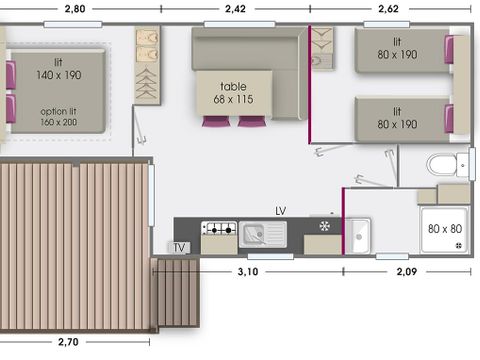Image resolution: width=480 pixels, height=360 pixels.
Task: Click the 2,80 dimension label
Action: tap(74, 9)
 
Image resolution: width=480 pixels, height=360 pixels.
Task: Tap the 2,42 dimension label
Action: tap(236, 9)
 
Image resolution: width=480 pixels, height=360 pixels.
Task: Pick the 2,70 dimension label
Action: tap(67, 342)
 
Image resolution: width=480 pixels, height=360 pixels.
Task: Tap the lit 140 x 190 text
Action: tap(59, 68)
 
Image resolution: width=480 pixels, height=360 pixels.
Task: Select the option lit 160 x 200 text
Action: tap(59, 118)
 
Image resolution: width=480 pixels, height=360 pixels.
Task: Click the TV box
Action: tap(180, 247)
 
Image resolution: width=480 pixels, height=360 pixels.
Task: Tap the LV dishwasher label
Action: tap(282, 212)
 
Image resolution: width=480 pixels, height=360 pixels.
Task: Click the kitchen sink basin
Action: tap(258, 234)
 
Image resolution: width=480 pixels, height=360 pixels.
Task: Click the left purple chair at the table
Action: tap(215, 121)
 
